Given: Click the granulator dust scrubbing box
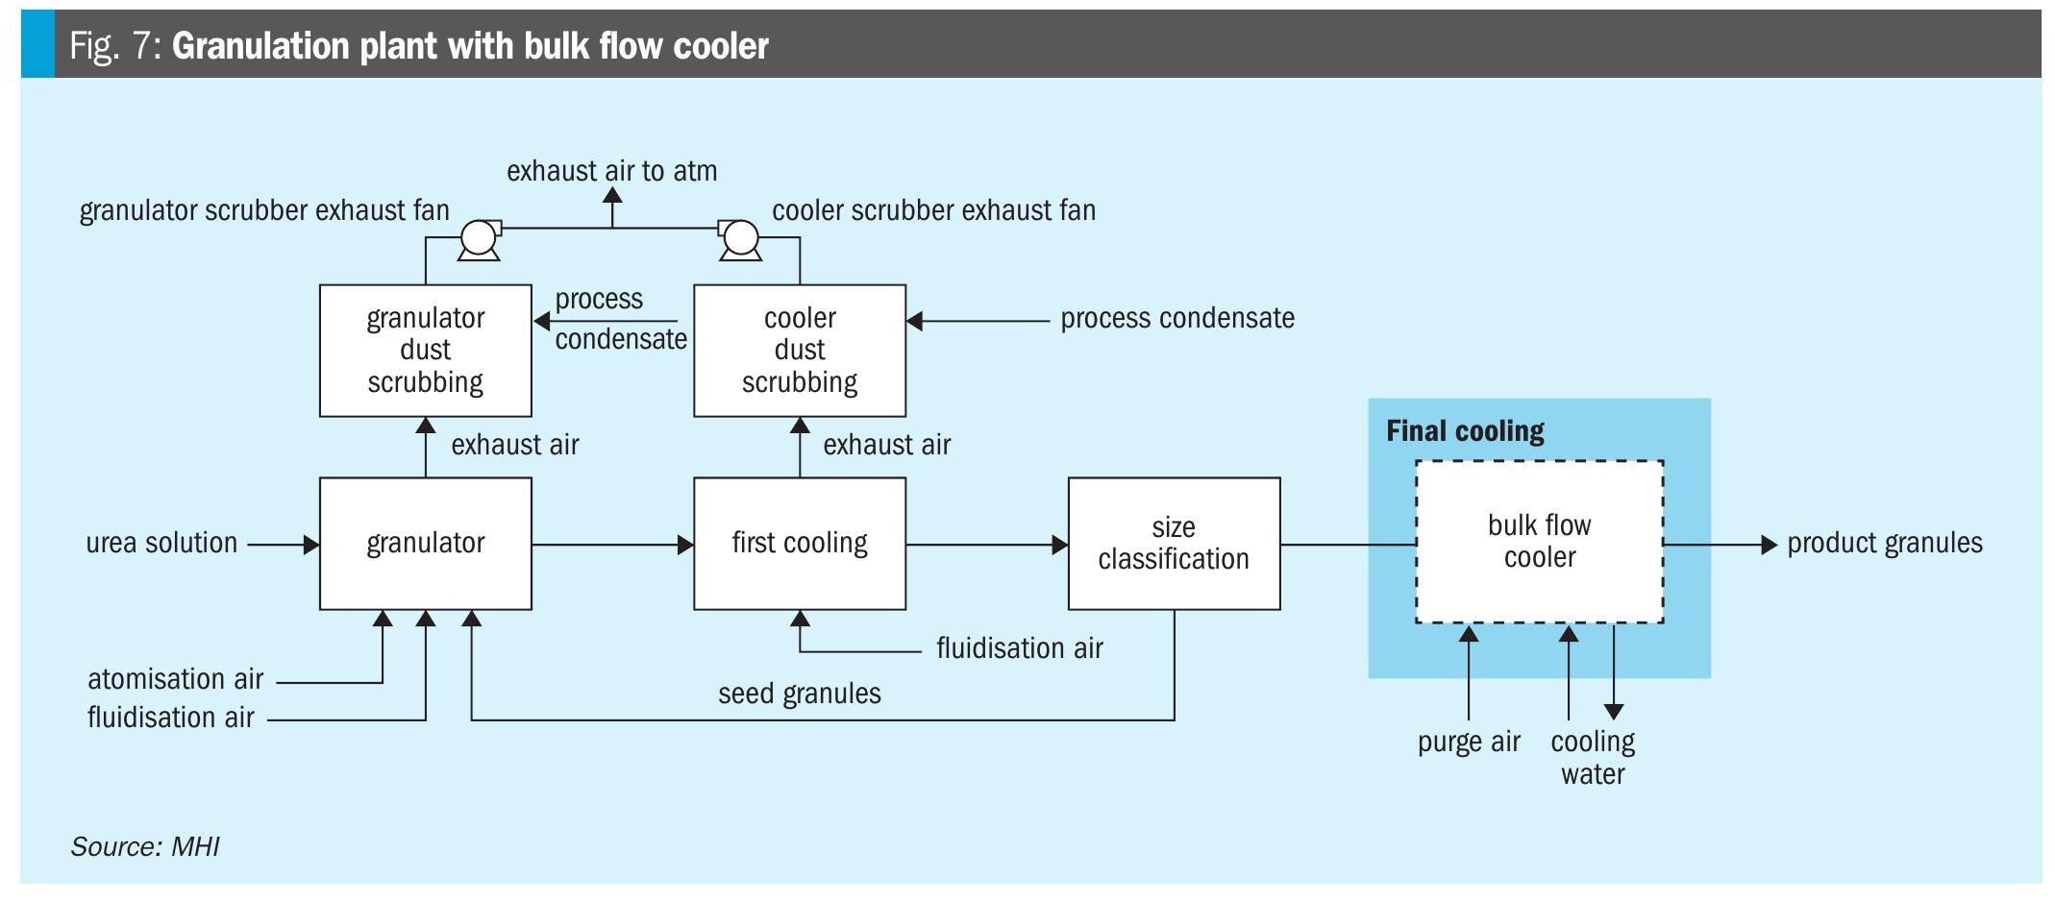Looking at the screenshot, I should pos(425,350).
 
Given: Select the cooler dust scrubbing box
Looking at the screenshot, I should pos(799,350).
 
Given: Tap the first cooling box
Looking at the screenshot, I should pos(799,544).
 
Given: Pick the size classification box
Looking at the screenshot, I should pos(1174,544).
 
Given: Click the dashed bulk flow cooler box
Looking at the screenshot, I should pos(1539,542).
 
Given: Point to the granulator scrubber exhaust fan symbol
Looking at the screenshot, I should pos(478,237).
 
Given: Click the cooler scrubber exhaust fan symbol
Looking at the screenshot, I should pos(739,237).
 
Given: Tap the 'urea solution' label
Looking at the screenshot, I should pos(161,544).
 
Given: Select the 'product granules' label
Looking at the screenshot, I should pos(1884,544).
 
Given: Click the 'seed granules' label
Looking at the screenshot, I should pos(799,694).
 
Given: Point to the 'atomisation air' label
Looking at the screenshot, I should pos(175,680).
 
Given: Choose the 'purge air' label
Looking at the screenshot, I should pos(1469,743).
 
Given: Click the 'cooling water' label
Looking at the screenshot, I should pos(1593,758).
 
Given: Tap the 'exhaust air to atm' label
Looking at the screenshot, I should pos(611,171).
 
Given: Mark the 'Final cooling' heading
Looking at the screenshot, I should pos(1465,431).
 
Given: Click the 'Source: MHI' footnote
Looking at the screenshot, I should pos(145,847).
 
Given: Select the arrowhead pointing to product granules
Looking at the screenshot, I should pos(1769,545).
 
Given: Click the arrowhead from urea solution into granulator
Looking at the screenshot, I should pos(311,545).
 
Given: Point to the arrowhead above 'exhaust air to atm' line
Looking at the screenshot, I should pos(612,194).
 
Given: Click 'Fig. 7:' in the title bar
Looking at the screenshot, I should pos(114,46).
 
